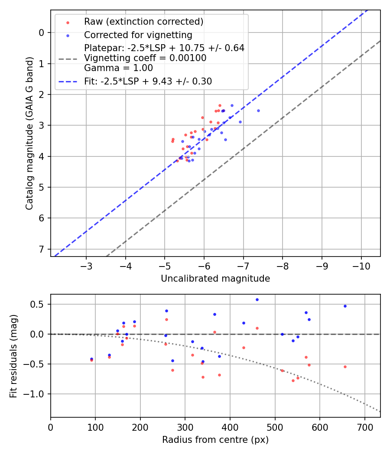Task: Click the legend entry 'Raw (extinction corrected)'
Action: point(143,22)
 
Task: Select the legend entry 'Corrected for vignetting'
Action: point(138,35)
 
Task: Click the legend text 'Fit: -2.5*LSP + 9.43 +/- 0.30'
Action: point(148,81)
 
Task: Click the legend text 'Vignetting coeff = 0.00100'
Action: point(145,58)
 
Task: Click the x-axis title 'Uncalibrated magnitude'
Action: point(215,279)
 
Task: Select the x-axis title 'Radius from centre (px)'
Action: point(215,440)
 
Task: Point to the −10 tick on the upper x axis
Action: point(361,265)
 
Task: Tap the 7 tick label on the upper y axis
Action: point(42,249)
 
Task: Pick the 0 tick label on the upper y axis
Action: point(42,32)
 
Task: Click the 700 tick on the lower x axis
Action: point(364,426)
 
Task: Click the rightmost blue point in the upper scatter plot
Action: point(258,110)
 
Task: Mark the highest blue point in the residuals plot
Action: point(257,299)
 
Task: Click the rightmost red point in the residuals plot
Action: point(345,367)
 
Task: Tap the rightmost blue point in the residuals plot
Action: point(345,306)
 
